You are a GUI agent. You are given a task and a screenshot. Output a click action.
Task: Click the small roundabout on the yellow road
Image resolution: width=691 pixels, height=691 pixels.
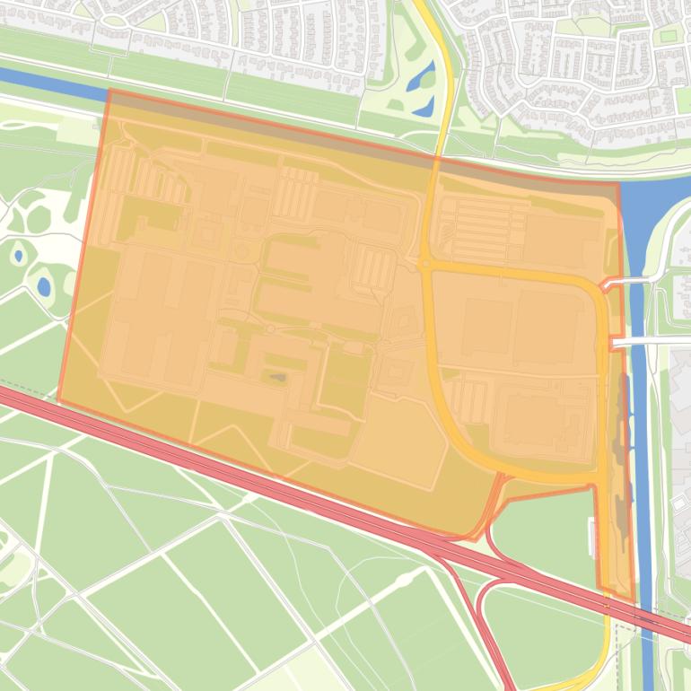(x=424, y=265)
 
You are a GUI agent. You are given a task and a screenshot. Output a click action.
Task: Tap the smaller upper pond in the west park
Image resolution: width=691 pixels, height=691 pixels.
(x=18, y=256)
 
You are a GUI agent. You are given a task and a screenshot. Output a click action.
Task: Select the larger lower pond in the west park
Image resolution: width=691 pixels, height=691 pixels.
(x=43, y=286)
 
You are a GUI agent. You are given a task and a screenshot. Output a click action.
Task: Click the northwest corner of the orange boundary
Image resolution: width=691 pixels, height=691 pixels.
(x=109, y=90)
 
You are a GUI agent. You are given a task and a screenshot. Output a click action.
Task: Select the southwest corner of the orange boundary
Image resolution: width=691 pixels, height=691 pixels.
(x=58, y=401)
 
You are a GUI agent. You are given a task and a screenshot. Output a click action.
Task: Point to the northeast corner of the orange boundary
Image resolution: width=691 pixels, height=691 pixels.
(x=619, y=183)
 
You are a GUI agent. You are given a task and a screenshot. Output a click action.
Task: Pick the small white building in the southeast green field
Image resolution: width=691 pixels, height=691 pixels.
(x=591, y=537)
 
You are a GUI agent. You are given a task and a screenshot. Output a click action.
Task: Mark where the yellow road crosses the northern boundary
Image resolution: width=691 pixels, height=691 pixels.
(x=437, y=159)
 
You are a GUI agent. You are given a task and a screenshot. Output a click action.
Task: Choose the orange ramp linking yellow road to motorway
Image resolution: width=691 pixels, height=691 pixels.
(x=492, y=512)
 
